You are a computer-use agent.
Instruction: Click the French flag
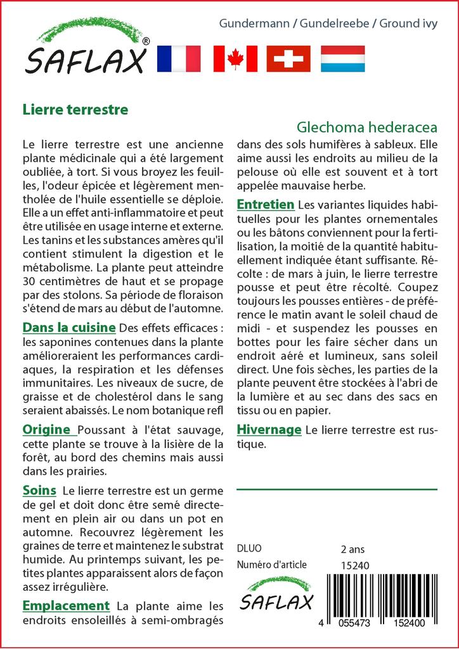178,58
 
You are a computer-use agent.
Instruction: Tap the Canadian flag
235,58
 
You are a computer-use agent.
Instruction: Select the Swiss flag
288,58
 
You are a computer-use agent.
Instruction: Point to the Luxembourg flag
343,58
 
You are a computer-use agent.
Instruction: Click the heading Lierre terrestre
75,109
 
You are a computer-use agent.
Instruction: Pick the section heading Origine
46,429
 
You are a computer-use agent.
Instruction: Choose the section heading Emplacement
66,605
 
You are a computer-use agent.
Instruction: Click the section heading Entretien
266,204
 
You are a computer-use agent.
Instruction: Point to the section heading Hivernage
269,430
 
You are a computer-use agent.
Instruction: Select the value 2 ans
353,548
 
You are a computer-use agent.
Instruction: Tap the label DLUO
249,548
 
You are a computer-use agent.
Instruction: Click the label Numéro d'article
272,565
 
